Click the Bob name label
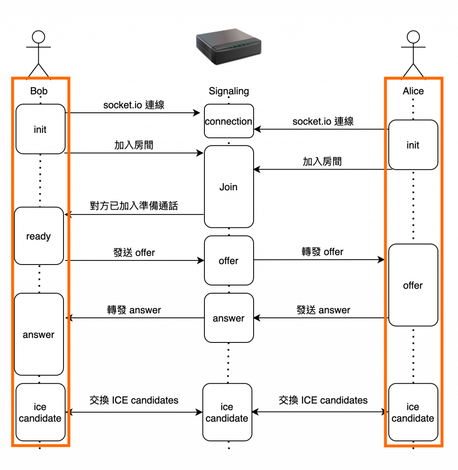39,91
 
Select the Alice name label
413,91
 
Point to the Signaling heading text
229,91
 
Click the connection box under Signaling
229,121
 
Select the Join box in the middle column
229,187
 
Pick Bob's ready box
39,236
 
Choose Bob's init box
40,129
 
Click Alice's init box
413,145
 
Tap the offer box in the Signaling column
229,261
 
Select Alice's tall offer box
413,285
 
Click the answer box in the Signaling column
229,318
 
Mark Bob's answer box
39,334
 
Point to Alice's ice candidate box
413,412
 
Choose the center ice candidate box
227,412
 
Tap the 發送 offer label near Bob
134,252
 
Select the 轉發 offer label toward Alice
322,252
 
